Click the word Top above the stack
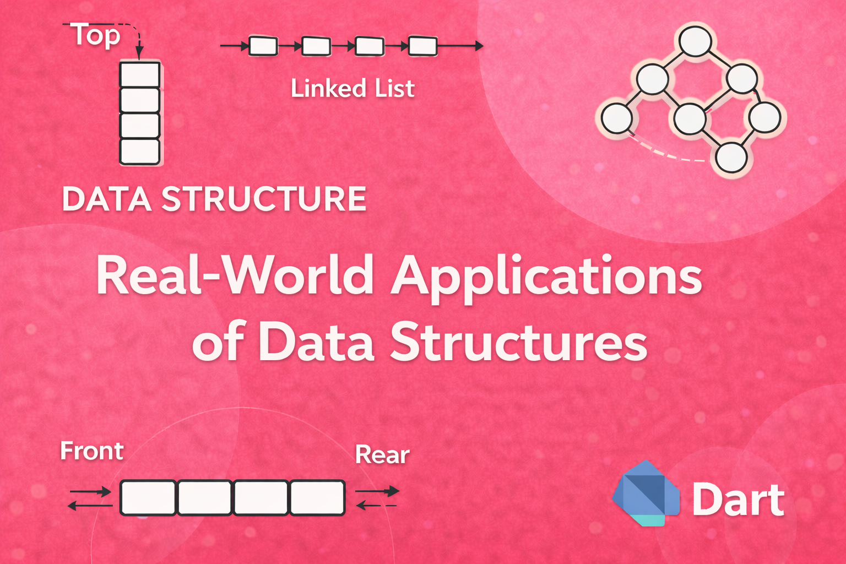[x=96, y=36]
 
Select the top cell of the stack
[x=140, y=74]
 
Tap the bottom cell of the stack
[x=140, y=151]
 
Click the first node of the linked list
[x=263, y=46]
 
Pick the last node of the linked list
[x=422, y=46]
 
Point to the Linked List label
[x=352, y=89]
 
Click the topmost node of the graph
[x=695, y=41]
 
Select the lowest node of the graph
[x=731, y=157]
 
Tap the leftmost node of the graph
[x=616, y=118]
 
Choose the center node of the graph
[x=690, y=118]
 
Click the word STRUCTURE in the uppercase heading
[x=264, y=199]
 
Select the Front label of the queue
[x=91, y=451]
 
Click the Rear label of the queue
[x=382, y=455]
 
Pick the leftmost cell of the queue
[x=148, y=498]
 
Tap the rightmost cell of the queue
[x=317, y=498]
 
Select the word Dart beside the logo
[x=738, y=500]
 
